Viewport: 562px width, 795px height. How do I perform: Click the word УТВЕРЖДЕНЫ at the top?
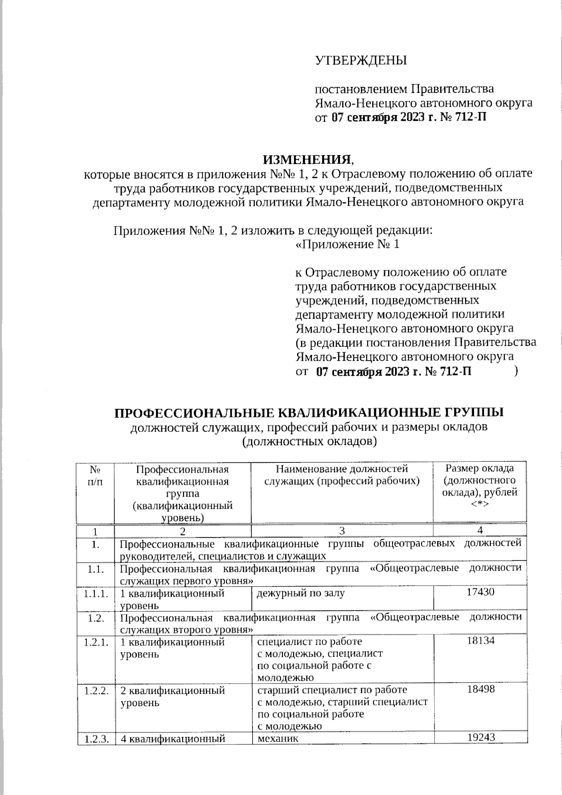[361, 60]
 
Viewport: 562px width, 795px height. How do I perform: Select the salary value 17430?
[480, 592]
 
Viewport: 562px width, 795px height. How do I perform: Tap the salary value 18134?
[480, 640]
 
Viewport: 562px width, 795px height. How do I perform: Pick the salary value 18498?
[480, 689]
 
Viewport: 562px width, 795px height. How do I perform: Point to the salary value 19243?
[480, 738]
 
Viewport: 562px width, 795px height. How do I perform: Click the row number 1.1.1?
[96, 594]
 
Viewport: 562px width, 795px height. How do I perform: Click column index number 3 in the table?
[342, 531]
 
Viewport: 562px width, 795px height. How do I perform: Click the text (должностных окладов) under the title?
[310, 441]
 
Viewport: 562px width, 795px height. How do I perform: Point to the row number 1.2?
[96, 618]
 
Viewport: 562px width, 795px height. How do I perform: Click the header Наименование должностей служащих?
[341, 474]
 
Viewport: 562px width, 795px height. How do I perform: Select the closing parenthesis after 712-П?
[515, 371]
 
